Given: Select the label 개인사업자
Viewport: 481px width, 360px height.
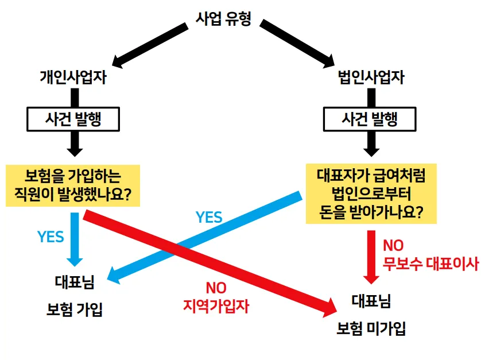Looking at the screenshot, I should click(73, 78).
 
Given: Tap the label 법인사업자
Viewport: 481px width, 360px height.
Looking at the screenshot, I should click(370, 78).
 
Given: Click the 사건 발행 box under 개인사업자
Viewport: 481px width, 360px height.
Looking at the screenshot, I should click(73, 119).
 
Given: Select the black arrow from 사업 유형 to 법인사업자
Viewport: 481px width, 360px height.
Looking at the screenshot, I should click(297, 43).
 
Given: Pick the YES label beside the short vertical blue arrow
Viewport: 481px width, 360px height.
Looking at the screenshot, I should click(51, 237).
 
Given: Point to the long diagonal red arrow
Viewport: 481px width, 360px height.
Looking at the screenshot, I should click(212, 260).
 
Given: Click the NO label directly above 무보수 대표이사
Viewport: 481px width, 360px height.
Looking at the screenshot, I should click(394, 246).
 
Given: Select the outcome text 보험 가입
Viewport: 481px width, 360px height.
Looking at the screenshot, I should click(74, 310).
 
